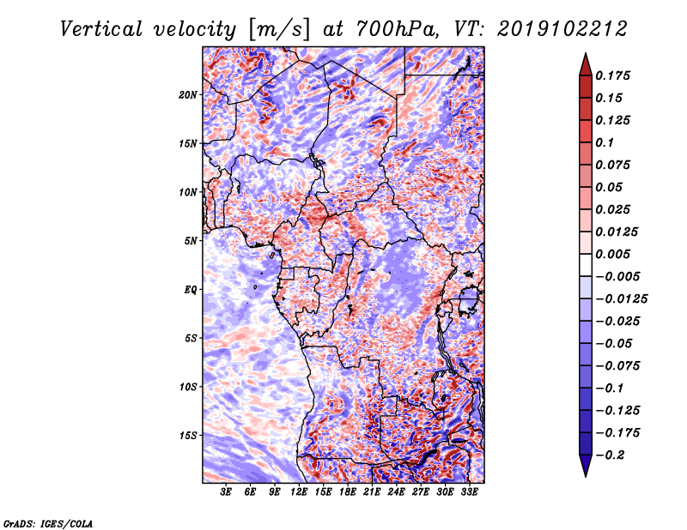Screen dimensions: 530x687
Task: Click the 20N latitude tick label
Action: click(188, 94)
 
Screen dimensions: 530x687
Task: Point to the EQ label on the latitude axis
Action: click(190, 289)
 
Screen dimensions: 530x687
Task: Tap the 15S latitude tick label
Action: click(188, 435)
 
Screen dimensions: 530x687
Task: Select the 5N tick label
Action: click(191, 240)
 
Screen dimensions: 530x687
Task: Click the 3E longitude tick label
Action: click(226, 493)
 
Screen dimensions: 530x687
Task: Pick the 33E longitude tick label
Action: click(470, 493)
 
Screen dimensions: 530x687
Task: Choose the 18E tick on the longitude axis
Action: click(348, 493)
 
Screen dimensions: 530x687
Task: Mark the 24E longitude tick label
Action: click(397, 493)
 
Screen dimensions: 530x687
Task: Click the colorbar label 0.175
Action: click(615, 75)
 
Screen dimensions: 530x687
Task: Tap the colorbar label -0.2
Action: click(612, 455)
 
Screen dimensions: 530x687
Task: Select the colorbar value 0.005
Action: click(615, 254)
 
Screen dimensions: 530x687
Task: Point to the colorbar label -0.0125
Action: click(623, 298)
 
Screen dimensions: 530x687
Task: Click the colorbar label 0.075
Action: click(615, 165)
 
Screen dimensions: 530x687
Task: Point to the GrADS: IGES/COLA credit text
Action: click(48, 522)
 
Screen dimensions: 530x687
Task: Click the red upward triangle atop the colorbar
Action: click(584, 63)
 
